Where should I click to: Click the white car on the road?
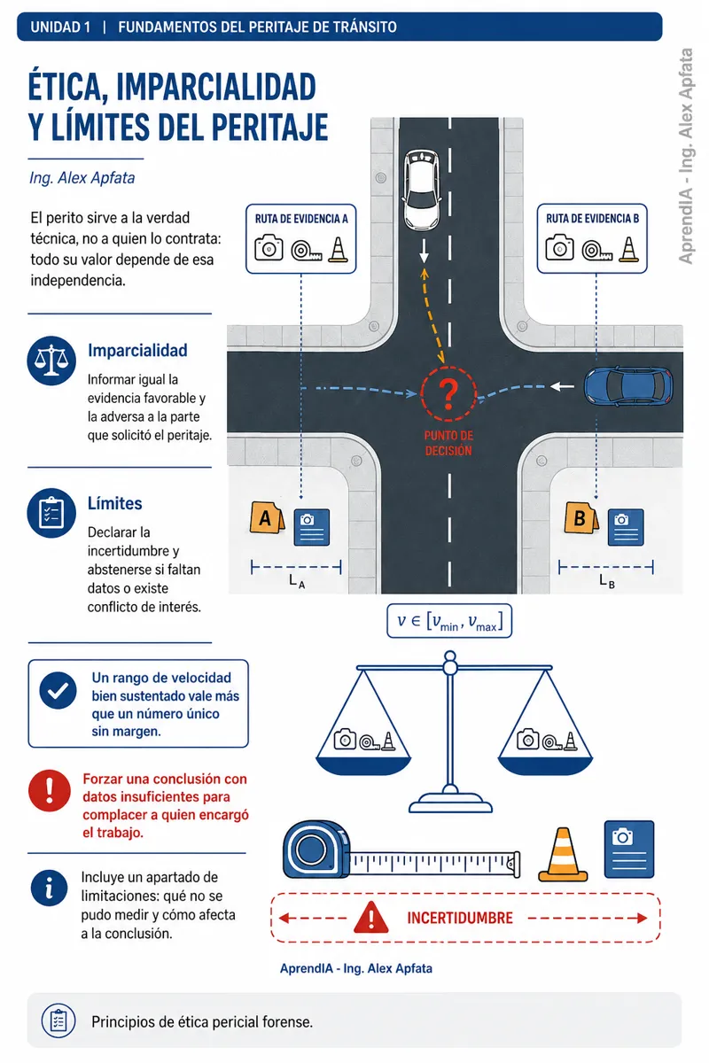pos(422,190)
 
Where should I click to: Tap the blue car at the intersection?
pos(628,386)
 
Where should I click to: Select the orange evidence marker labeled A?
pos(267,517)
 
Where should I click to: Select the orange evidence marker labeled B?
pos(581,517)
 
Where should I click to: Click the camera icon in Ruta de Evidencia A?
pos(269,248)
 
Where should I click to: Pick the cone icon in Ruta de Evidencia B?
pos(628,249)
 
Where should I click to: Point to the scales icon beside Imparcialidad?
pos(51,361)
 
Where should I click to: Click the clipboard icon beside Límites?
pos(51,513)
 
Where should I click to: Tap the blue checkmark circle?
pos(58,690)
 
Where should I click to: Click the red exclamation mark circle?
pos(50,790)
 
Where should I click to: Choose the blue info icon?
pos(49,888)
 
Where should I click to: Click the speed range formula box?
pos(449,621)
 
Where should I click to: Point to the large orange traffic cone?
pos(563,854)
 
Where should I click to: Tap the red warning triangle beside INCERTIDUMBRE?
pos(370,917)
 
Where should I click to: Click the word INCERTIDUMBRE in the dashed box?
pos(460,918)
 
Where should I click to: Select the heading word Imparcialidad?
pos(137,350)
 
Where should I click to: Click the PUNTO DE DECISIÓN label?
pos(448,443)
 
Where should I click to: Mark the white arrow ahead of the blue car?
pos(562,386)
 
